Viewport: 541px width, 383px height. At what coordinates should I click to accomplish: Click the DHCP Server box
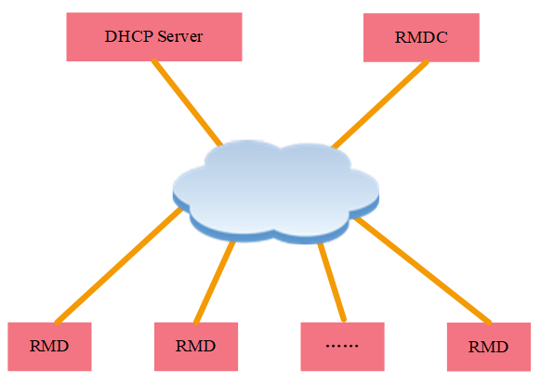[153, 37]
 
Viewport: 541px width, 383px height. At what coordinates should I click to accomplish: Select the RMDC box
[421, 38]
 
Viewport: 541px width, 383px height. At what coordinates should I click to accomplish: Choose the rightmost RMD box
[488, 347]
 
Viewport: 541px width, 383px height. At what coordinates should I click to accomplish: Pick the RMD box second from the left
[195, 346]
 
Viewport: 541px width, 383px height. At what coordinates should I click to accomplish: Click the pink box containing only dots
[343, 346]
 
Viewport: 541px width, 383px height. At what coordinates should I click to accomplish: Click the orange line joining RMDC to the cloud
[381, 103]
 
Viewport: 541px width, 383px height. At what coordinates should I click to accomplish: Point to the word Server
[178, 37]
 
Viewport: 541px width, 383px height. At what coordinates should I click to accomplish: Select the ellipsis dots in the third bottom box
[343, 347]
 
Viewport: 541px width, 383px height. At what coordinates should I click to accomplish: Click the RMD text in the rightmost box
[488, 348]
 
